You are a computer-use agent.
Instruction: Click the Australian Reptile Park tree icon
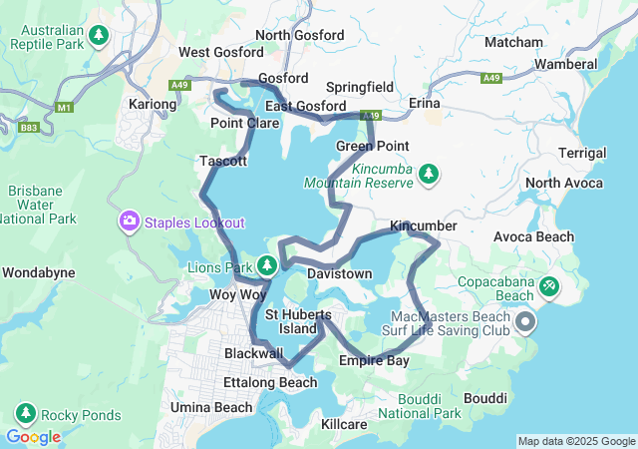99,36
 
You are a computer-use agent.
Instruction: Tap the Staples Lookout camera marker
129,222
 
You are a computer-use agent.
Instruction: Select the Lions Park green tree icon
266,265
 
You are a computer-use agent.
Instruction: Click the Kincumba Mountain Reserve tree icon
429,175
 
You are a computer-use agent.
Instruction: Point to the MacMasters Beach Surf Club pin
525,322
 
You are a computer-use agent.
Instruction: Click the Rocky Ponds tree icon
26,414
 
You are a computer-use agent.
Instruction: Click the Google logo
33,437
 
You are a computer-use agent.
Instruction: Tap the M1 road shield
66,107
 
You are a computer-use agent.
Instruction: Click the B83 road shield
28,127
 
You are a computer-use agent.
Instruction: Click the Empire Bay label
374,360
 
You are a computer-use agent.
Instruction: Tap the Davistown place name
339,273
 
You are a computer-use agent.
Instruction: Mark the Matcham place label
513,42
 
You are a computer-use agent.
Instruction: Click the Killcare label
345,424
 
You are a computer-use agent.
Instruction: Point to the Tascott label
223,160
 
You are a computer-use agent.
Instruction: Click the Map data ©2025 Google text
575,441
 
